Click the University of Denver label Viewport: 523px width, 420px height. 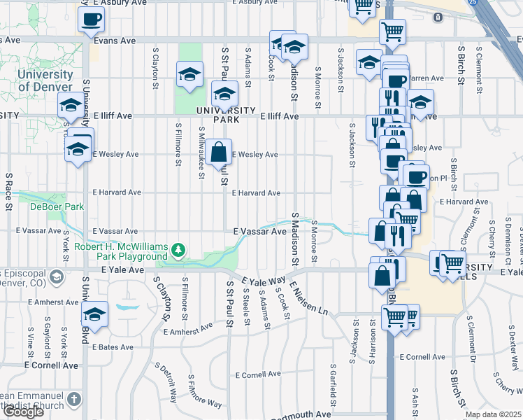click(45, 80)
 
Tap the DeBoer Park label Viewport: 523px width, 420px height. click(47, 206)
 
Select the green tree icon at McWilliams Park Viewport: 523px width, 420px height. click(180, 248)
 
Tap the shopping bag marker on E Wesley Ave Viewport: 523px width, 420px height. click(219, 151)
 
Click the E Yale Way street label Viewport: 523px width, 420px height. click(263, 281)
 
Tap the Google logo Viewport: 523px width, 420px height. click(22, 411)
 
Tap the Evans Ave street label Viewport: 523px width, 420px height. click(115, 41)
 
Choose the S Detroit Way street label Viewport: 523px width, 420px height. click(166, 382)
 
